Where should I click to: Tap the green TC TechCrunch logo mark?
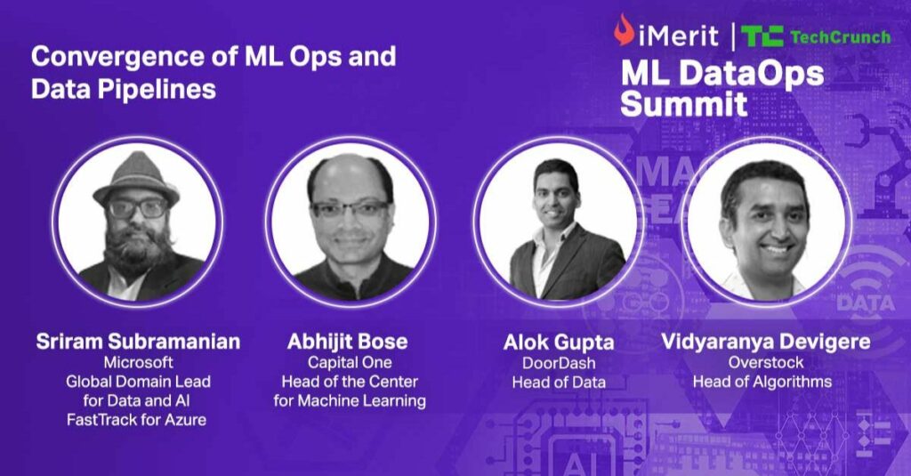click(x=761, y=36)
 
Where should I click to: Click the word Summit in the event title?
click(x=683, y=103)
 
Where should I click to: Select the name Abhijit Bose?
click(x=349, y=342)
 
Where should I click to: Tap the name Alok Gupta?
click(x=558, y=342)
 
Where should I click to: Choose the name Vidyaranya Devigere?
click(x=767, y=342)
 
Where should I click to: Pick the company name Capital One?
click(x=349, y=362)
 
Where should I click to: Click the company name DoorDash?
click(x=558, y=362)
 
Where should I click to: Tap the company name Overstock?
click(x=767, y=362)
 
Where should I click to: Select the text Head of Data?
click(x=558, y=382)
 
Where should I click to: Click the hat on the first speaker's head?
click(x=135, y=173)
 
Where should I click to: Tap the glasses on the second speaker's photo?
click(x=349, y=209)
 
